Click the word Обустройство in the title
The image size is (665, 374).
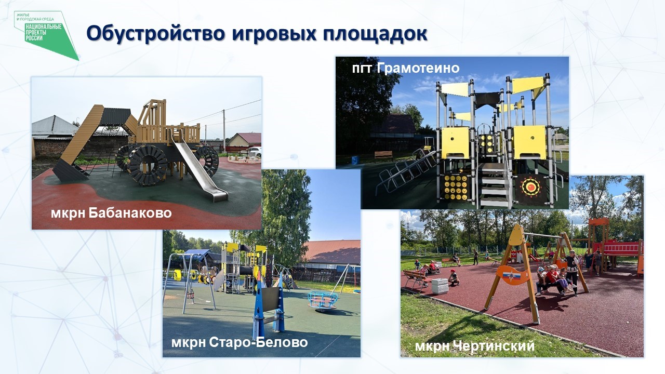point(156,33)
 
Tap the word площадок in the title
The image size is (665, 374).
point(375,34)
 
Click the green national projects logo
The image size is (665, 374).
point(46,35)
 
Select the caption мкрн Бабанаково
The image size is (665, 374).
point(111,213)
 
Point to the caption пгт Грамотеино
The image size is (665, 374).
point(406,68)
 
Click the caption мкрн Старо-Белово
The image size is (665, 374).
point(240,342)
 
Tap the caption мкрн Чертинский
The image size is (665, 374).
point(475,346)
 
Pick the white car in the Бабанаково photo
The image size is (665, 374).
point(255,151)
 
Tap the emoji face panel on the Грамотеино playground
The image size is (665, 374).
point(456,187)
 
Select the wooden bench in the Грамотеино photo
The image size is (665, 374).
point(383,155)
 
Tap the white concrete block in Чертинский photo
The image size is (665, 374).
point(440,286)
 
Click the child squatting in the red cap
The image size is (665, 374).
point(454,278)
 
